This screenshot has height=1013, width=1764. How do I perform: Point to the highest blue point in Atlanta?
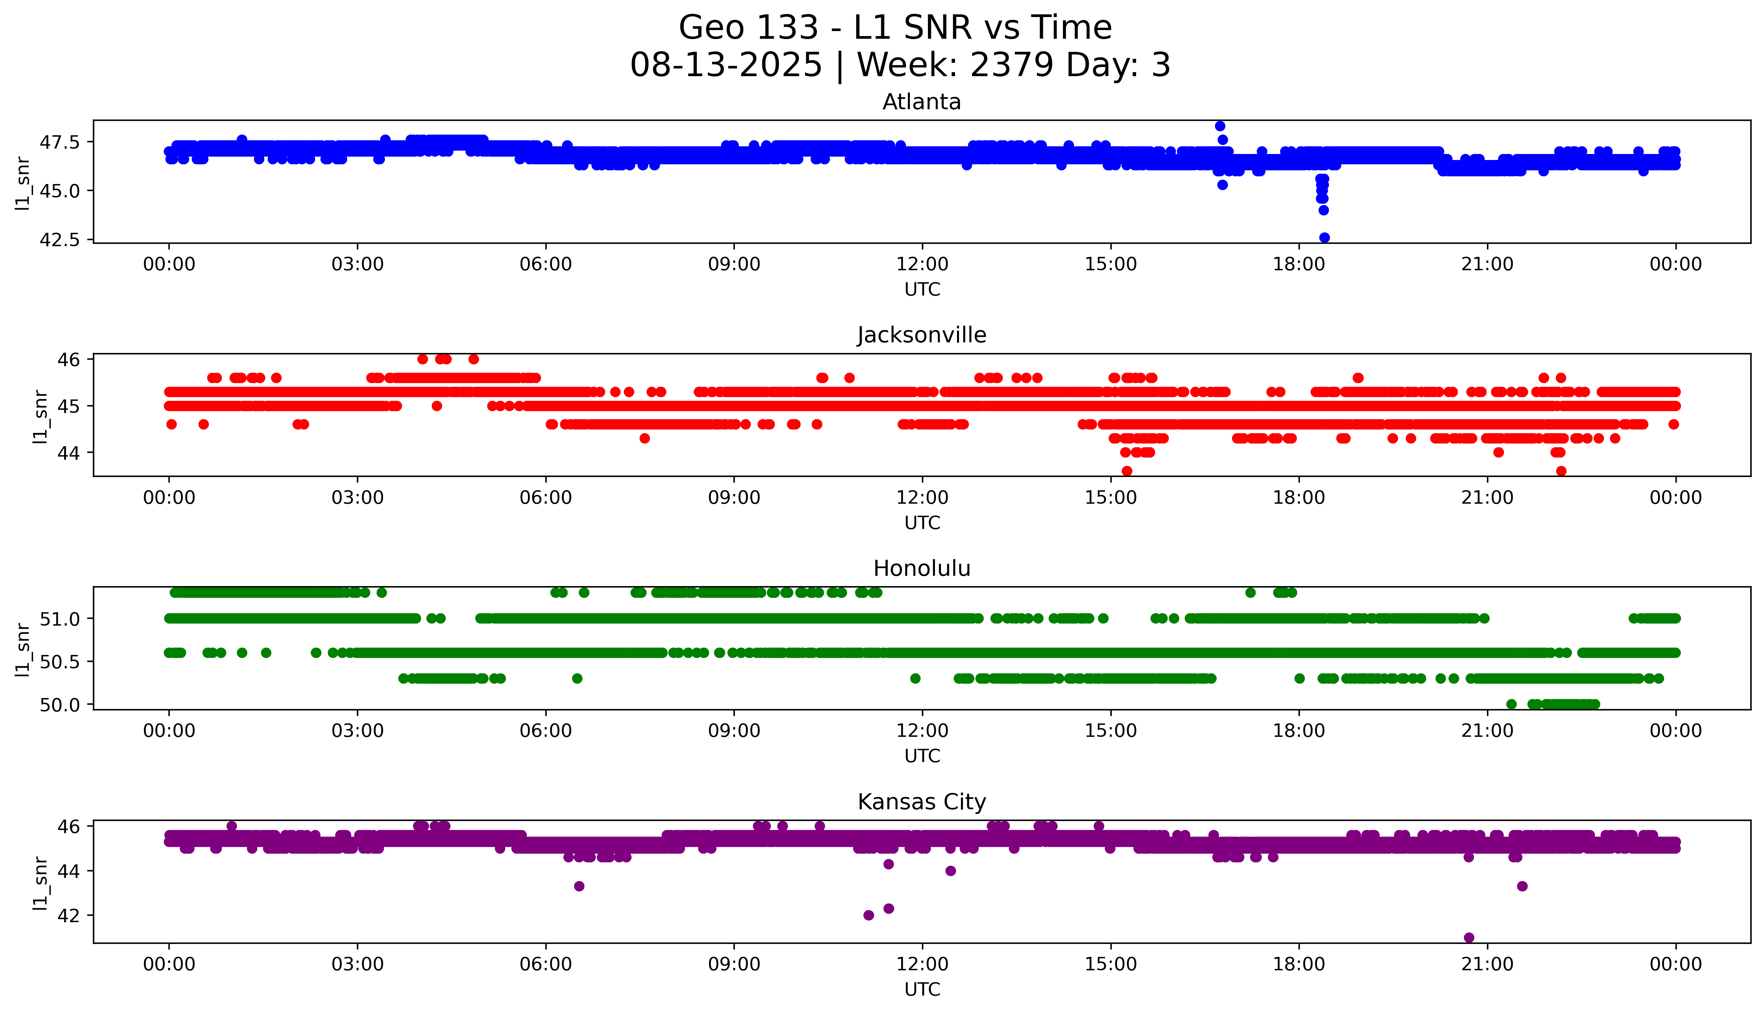tap(1220, 126)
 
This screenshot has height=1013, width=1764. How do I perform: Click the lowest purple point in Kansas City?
tap(1469, 937)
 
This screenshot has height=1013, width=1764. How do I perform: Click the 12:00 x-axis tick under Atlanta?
tap(922, 265)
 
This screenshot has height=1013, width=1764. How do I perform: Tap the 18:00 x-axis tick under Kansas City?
tap(1299, 964)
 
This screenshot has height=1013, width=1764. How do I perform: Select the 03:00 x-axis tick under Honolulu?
tap(358, 730)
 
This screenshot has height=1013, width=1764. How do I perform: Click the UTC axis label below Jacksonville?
tap(922, 522)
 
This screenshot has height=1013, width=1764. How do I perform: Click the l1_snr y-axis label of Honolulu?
tap(23, 649)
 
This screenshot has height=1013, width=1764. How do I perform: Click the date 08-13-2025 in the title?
tap(726, 65)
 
